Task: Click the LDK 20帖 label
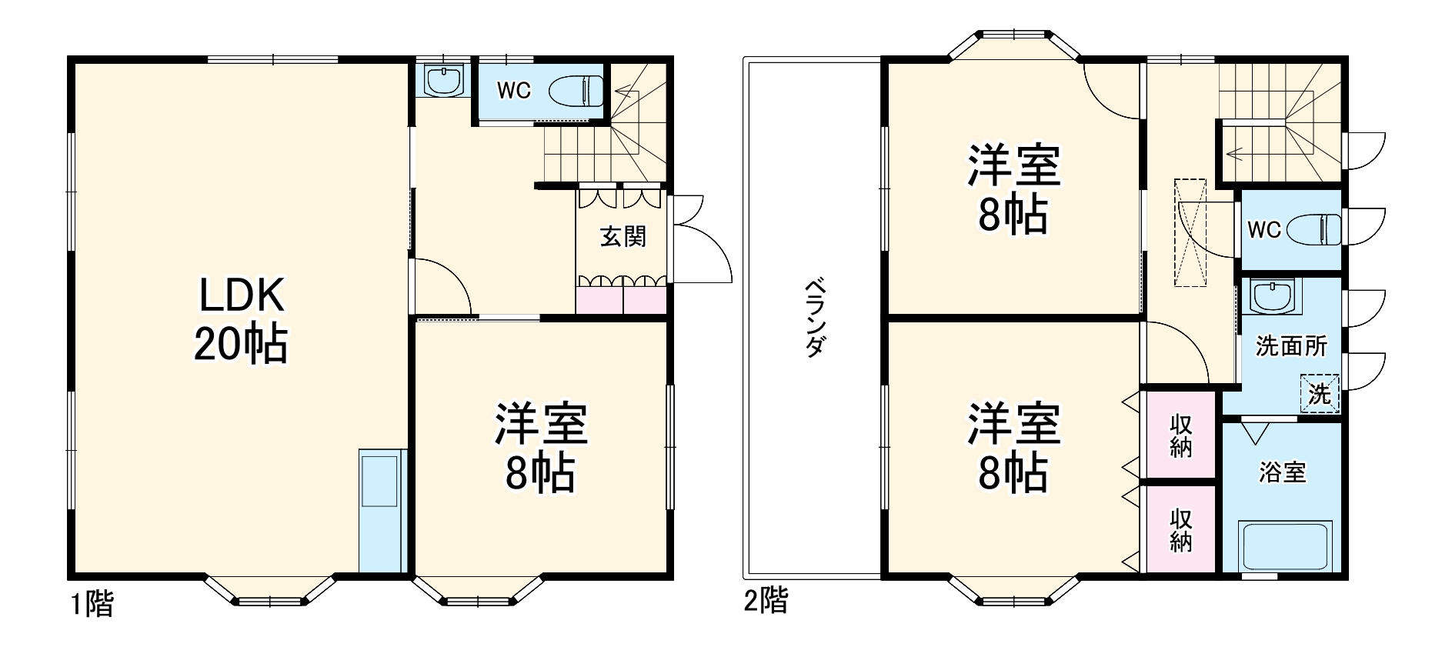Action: pyautogui.click(x=241, y=319)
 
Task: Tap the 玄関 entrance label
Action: pyautogui.click(x=623, y=236)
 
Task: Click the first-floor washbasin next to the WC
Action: pyautogui.click(x=442, y=80)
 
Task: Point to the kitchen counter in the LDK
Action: pyautogui.click(x=381, y=510)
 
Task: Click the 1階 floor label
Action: pyautogui.click(x=92, y=604)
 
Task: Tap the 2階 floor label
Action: pyautogui.click(x=766, y=600)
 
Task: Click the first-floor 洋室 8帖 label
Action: pyautogui.click(x=540, y=447)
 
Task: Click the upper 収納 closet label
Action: pyautogui.click(x=1180, y=435)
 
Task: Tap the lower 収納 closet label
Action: pyautogui.click(x=1180, y=530)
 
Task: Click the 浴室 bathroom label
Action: pyautogui.click(x=1282, y=472)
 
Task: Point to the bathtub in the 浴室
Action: pyautogui.click(x=1284, y=546)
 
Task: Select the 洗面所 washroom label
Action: pyautogui.click(x=1290, y=346)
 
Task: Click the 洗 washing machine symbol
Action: pyautogui.click(x=1320, y=394)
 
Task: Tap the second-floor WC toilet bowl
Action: pyautogui.click(x=1313, y=229)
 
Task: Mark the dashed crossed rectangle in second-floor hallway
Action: pyautogui.click(x=1190, y=232)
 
